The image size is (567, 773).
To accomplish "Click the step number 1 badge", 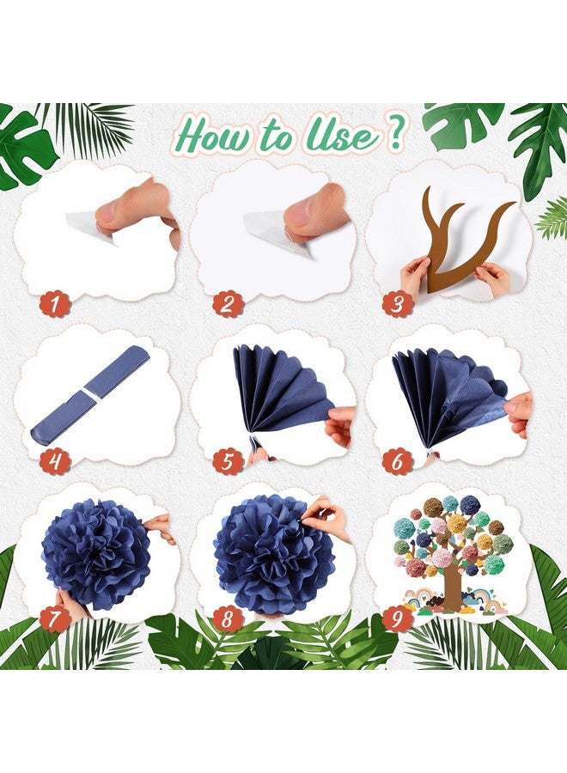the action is (55, 304).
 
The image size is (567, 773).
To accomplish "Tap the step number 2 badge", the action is (227, 304).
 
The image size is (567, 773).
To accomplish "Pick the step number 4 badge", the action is (55, 462).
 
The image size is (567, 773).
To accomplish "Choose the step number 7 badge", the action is (55, 618).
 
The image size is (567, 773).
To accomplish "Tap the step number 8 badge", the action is (227, 618).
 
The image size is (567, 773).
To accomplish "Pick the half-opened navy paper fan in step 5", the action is (282, 389).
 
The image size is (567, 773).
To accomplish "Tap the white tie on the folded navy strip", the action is (90, 392).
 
